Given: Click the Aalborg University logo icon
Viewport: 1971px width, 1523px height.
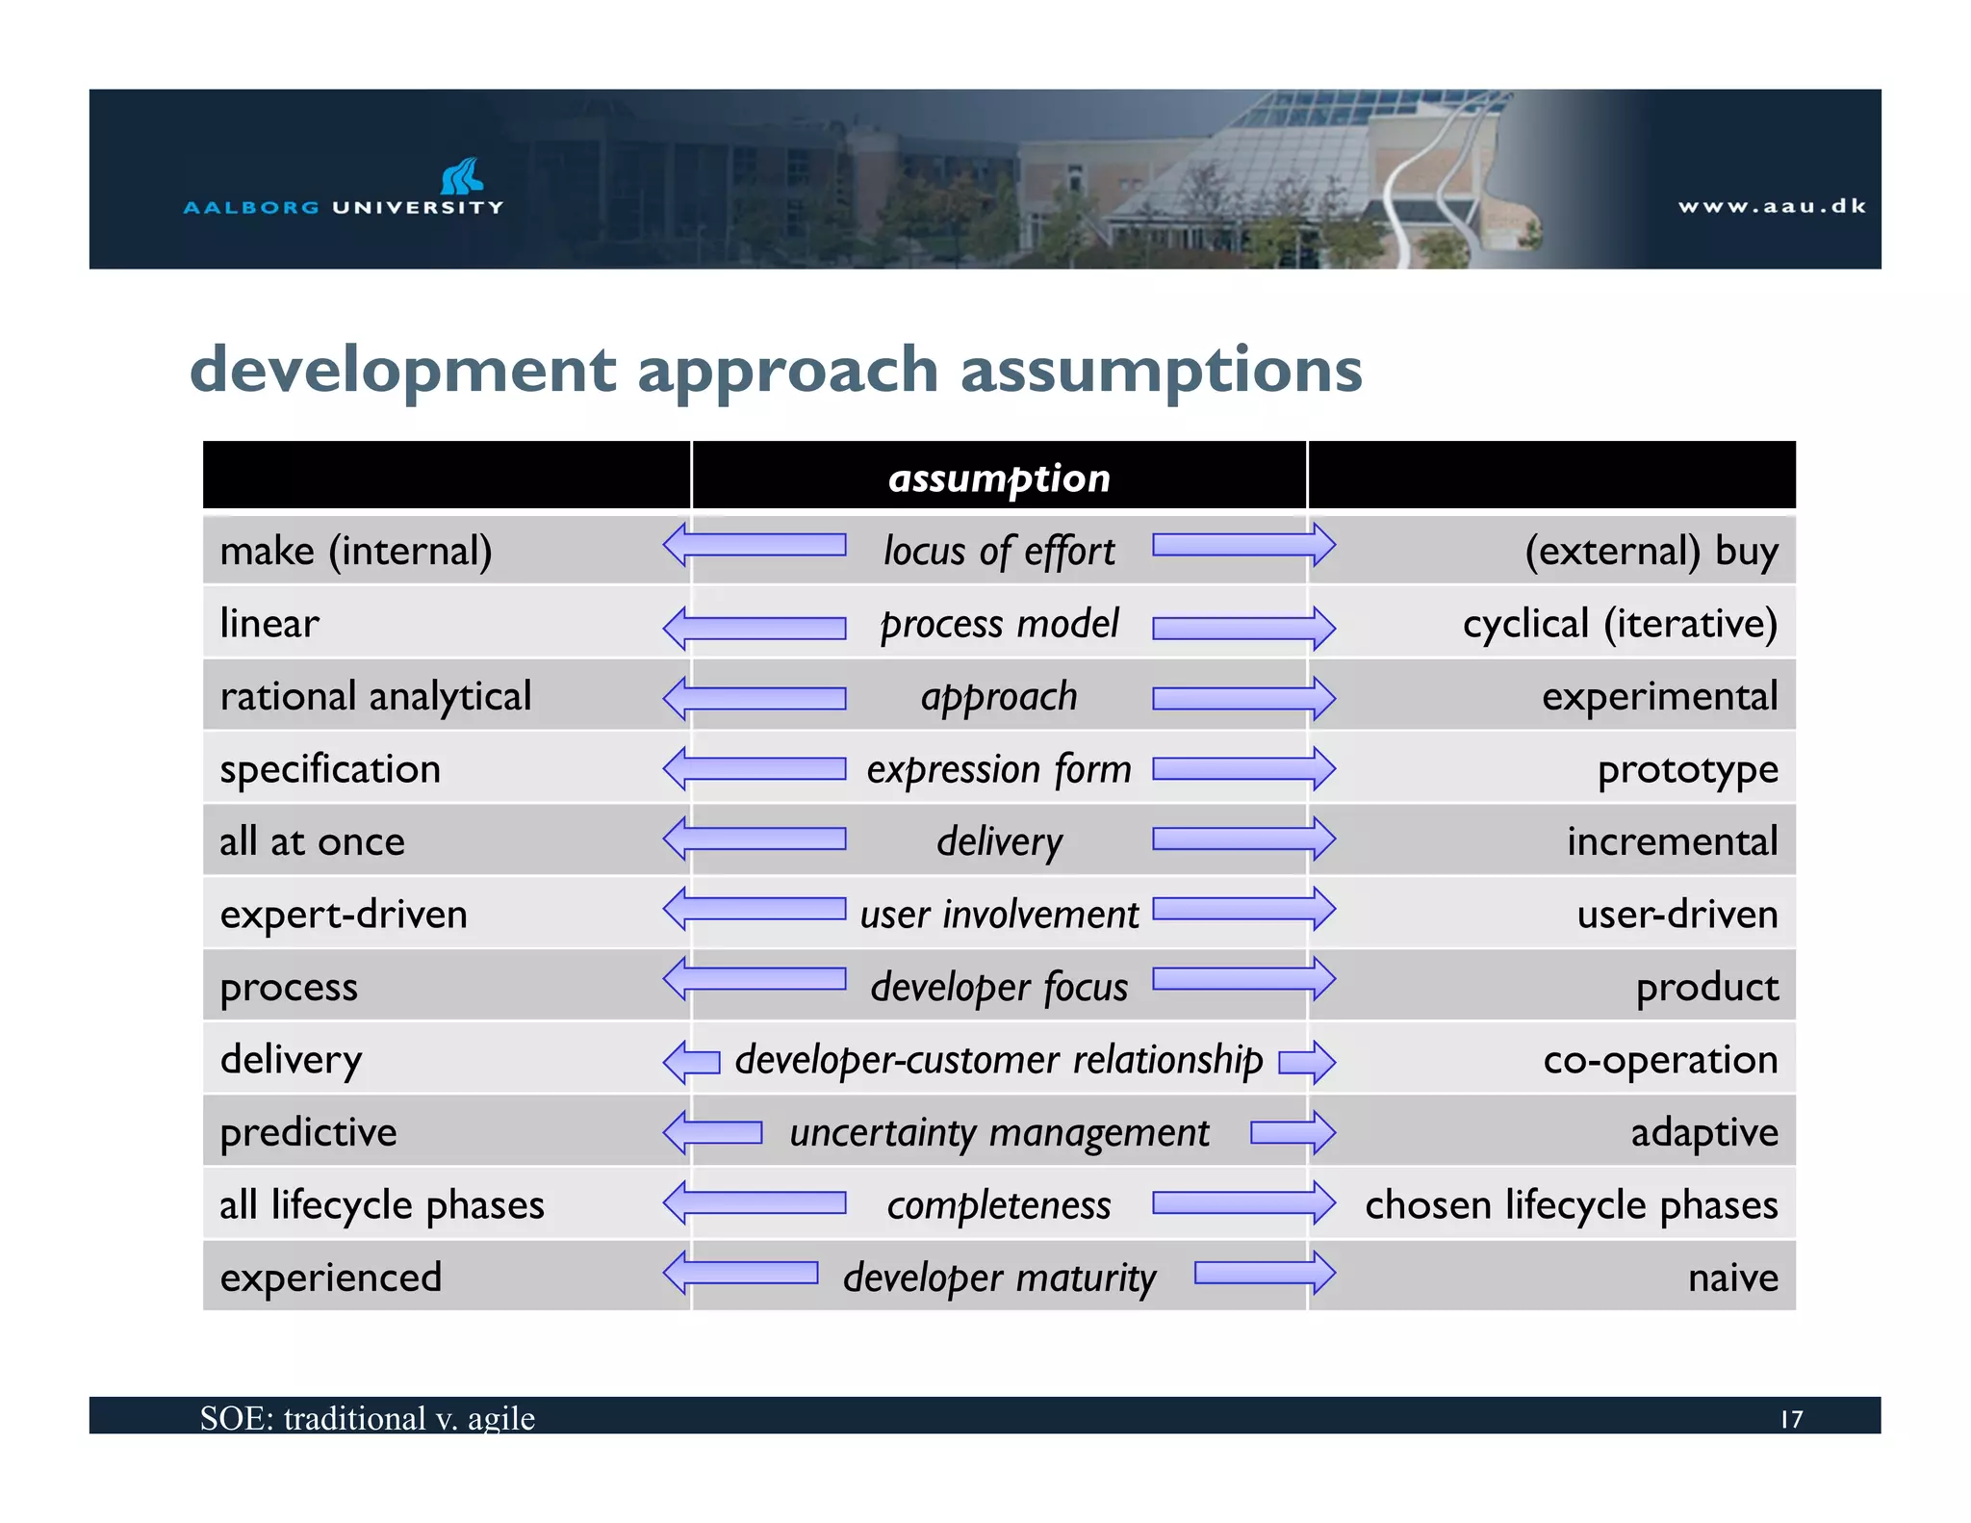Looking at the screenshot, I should tap(462, 176).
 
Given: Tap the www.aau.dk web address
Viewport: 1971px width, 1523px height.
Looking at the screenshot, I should tap(1772, 206).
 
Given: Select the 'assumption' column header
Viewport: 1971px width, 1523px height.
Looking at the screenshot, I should tap(999, 478).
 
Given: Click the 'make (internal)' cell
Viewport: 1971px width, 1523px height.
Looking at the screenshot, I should tap(356, 551).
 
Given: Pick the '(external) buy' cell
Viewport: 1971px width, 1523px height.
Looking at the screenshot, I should tap(1651, 551).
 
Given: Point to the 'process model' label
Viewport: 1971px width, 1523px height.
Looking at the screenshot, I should tap(999, 624).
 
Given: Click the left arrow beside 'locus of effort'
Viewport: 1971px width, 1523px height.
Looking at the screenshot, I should tap(755, 546).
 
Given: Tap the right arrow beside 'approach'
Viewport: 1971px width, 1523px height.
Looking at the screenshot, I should tap(1243, 698).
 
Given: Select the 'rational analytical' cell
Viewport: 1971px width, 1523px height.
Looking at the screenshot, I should tap(375, 696).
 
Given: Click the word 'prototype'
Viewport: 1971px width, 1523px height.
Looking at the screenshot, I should tap(1687, 769).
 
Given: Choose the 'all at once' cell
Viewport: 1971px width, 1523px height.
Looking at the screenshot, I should tap(312, 841).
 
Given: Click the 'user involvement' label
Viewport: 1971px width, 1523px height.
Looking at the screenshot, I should tap(999, 915).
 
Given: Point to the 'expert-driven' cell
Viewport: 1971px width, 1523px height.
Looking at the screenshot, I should tap(344, 915).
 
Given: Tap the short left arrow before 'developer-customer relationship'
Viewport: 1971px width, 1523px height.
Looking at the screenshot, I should tap(691, 1062).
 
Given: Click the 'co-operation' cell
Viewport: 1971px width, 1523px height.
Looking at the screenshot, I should tap(1660, 1060).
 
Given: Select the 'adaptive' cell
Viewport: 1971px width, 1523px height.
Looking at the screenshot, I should tap(1703, 1132).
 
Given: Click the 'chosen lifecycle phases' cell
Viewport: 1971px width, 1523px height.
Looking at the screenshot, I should tap(1571, 1205).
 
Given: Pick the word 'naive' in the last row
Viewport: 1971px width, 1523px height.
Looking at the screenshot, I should tap(1732, 1278).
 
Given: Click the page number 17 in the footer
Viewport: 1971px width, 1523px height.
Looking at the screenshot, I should tap(1791, 1419).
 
